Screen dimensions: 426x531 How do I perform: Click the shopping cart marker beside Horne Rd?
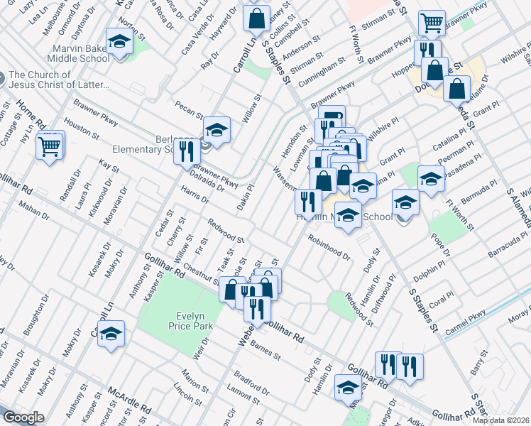[49, 146]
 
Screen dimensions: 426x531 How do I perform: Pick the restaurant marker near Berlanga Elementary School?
[186, 151]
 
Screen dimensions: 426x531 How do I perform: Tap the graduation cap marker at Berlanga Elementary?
[217, 129]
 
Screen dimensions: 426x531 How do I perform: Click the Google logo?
[23, 417]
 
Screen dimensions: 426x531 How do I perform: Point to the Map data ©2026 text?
[500, 420]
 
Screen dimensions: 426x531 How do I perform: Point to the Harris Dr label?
[195, 196]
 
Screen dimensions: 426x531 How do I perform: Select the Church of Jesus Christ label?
[60, 80]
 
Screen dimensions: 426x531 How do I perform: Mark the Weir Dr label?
[198, 349]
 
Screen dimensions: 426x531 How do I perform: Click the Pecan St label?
[190, 111]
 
